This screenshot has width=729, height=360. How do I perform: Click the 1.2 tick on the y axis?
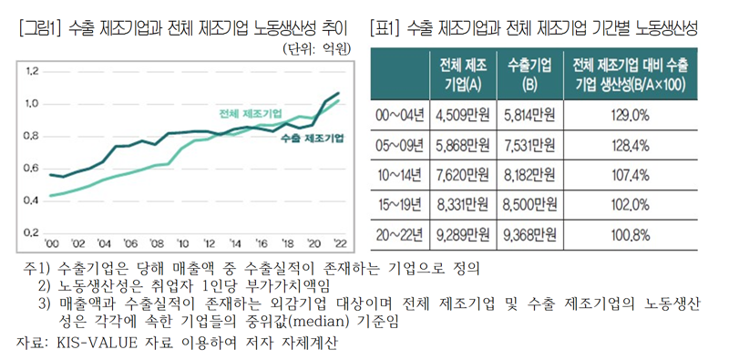tap(32, 71)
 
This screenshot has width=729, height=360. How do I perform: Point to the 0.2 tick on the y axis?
tap(32, 231)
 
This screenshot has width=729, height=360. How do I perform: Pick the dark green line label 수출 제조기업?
tap(313, 138)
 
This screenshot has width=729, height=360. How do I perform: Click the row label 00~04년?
tap(400, 115)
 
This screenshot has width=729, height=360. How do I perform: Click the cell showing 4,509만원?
tap(463, 115)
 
